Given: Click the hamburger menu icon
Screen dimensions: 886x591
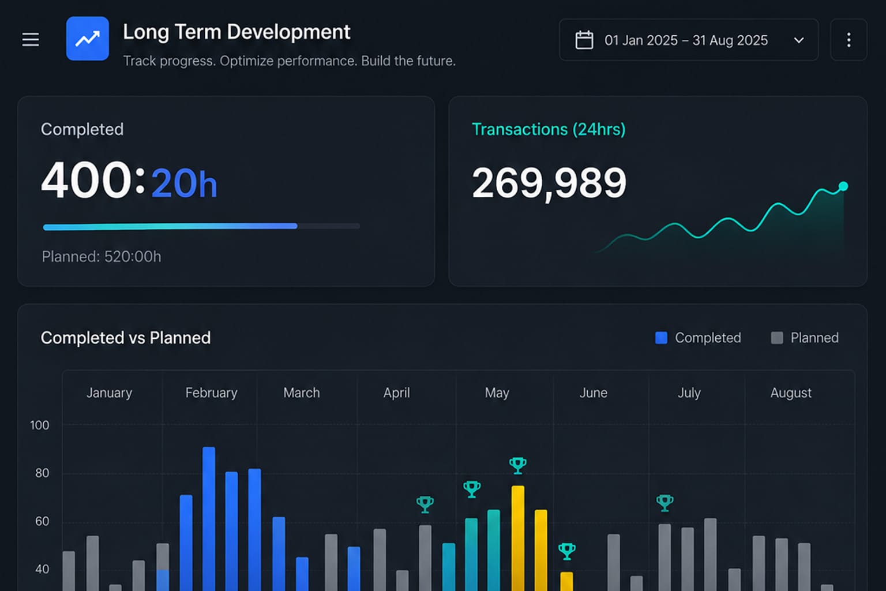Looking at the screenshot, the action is coord(31,40).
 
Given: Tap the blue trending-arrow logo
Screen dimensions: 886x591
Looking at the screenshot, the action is coord(88,39).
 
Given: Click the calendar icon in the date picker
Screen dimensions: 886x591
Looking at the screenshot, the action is coord(584,40).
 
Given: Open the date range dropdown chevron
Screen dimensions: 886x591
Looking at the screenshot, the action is coord(799,40).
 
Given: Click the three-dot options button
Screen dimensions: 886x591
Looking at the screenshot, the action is coord(849,40).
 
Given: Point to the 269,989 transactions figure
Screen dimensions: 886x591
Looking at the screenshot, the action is coord(549,183).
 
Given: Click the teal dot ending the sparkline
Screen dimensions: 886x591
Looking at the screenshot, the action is coord(843,186).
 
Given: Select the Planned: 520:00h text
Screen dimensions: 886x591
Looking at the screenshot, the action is coord(102,256).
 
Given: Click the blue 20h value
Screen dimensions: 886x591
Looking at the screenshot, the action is coord(185,183).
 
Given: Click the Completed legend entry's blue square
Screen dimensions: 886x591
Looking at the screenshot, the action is coord(662,338).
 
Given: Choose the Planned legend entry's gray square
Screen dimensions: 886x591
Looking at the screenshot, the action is coord(777,338).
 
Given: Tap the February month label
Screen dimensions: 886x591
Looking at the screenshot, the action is coord(212,392).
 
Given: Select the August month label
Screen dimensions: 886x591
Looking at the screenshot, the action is coord(791,392).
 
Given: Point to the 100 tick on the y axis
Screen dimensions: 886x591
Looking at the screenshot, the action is coord(40,425).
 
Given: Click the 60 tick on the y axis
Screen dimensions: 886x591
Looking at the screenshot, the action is coord(42,521).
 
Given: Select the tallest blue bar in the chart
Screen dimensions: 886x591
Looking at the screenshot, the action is coord(209,519).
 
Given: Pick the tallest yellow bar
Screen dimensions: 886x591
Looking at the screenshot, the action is coord(518,538).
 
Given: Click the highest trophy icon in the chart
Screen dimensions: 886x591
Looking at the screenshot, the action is coord(518,466).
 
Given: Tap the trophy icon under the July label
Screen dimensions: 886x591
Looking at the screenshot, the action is coord(664,503).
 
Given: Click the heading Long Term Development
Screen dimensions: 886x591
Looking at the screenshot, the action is coord(236,32).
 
